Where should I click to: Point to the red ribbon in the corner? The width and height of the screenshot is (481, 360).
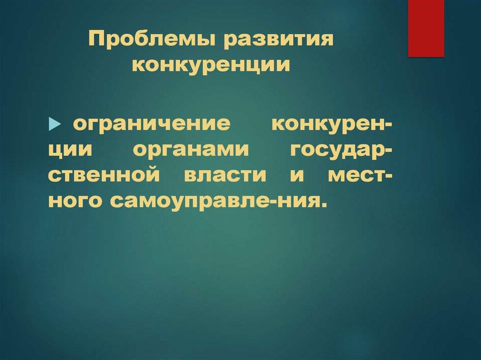[x=426, y=28]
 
